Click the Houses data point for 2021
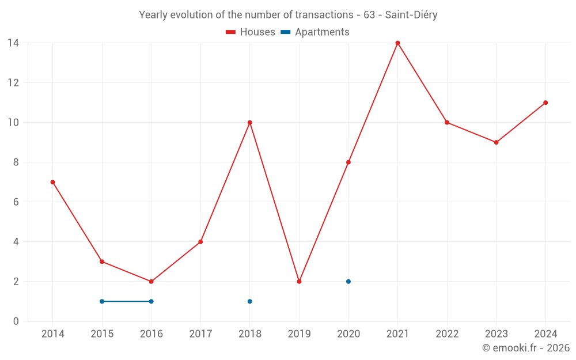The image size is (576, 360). click(x=397, y=43)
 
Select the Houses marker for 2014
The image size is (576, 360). click(x=53, y=182)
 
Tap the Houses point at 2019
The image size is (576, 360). click(x=299, y=282)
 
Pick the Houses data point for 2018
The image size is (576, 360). click(x=250, y=123)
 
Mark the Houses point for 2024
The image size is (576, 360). click(x=545, y=103)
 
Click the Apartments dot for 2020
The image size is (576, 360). click(x=348, y=282)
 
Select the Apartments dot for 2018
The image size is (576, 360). click(x=250, y=301)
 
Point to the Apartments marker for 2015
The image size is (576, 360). click(x=102, y=301)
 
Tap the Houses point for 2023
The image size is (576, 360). click(x=496, y=142)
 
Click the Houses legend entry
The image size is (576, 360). click(x=251, y=32)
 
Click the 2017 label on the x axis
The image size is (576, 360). click(x=200, y=334)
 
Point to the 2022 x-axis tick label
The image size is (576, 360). click(x=447, y=334)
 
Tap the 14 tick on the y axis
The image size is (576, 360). click(x=13, y=43)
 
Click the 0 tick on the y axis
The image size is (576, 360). click(x=16, y=321)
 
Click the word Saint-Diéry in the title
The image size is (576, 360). click(x=411, y=15)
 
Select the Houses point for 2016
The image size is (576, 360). click(x=151, y=282)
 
